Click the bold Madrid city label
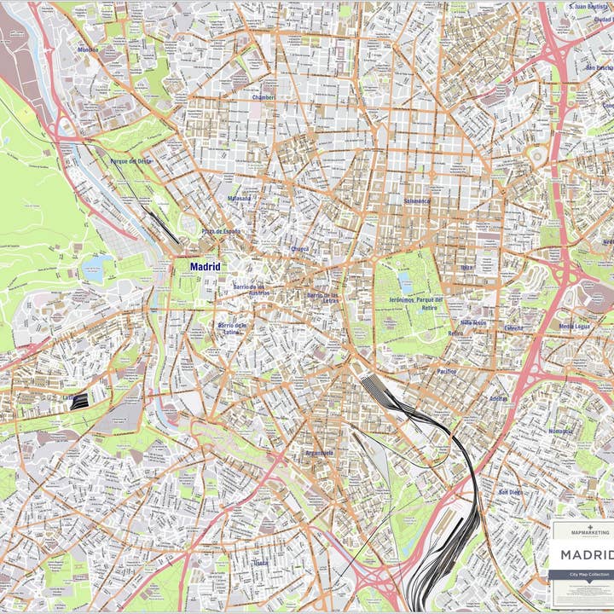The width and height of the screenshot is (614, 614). pos(205,267)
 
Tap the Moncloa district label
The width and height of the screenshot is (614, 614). pos(88,49)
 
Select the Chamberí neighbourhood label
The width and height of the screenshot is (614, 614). pos(264,97)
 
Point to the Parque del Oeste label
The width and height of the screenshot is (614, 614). pos(131,160)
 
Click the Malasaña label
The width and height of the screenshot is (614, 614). pos(239,199)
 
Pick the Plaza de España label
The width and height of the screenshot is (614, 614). pos(221,231)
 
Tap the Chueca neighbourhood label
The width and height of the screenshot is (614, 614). pos(299,249)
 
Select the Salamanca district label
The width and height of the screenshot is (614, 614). pos(417,201)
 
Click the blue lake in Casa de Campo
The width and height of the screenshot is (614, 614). pos(93,270)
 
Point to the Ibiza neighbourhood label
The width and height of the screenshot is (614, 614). pos(466,267)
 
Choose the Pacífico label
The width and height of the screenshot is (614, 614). pos(447,372)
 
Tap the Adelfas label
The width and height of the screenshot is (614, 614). pos(498,398)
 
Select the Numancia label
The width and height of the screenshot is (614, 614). pos(561,432)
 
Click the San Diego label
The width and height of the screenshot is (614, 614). pos(510,492)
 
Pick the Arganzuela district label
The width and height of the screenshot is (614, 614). pos(319,453)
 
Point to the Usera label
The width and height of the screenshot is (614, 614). pos(260,563)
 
